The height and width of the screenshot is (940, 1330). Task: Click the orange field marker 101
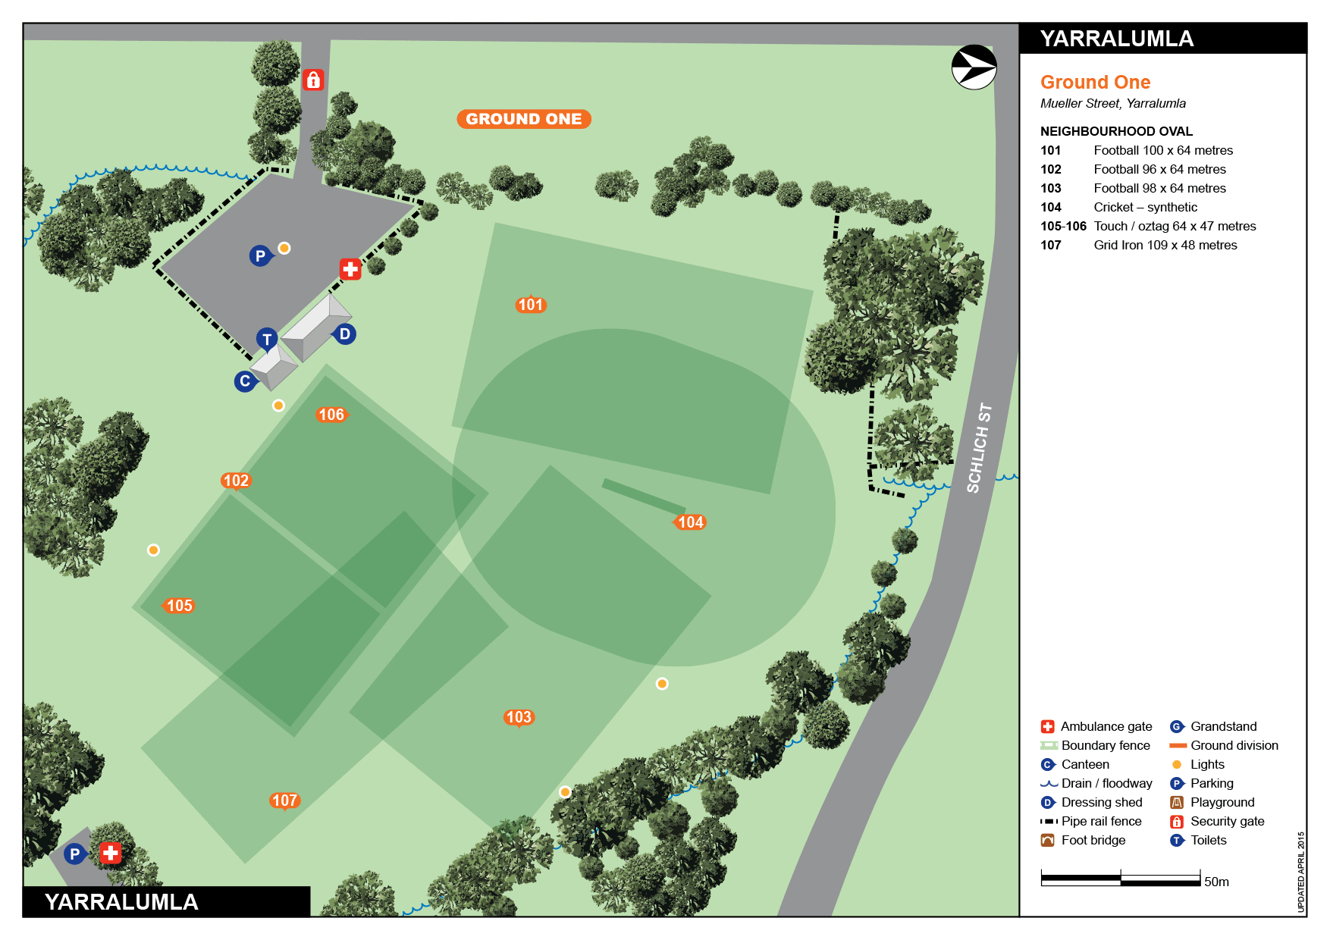pos(531,305)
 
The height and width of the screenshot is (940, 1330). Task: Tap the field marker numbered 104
pos(690,522)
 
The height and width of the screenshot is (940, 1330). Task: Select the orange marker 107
pos(284,801)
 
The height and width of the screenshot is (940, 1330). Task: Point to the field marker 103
pos(519,717)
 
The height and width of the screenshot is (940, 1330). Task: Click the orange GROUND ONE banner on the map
pos(523,119)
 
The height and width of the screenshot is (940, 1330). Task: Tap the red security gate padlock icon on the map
pos(313,80)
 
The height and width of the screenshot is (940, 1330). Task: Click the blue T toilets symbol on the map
pos(266,340)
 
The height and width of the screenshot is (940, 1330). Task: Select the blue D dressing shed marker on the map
pos(345,334)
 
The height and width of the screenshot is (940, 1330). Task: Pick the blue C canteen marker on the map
pos(244,381)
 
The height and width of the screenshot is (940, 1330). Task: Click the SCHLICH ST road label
pos(979,448)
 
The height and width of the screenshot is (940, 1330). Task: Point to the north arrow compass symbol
pos(974,67)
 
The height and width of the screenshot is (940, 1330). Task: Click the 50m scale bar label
pos(1216,882)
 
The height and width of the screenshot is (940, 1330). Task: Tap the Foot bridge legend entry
pos(1093,840)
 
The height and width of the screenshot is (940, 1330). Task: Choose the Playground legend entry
pos(1222,802)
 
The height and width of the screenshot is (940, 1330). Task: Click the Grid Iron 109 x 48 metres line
pos(1165,245)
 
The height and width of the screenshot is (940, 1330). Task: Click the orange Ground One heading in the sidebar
pos(1095,82)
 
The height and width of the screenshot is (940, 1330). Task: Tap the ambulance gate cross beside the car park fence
pos(350,268)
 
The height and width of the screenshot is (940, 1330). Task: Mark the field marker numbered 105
pos(179,606)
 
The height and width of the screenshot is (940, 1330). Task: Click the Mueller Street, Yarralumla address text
pos(1112,103)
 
